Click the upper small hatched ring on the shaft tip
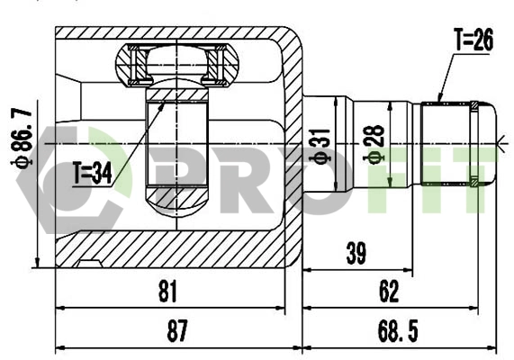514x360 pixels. point(474,108)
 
